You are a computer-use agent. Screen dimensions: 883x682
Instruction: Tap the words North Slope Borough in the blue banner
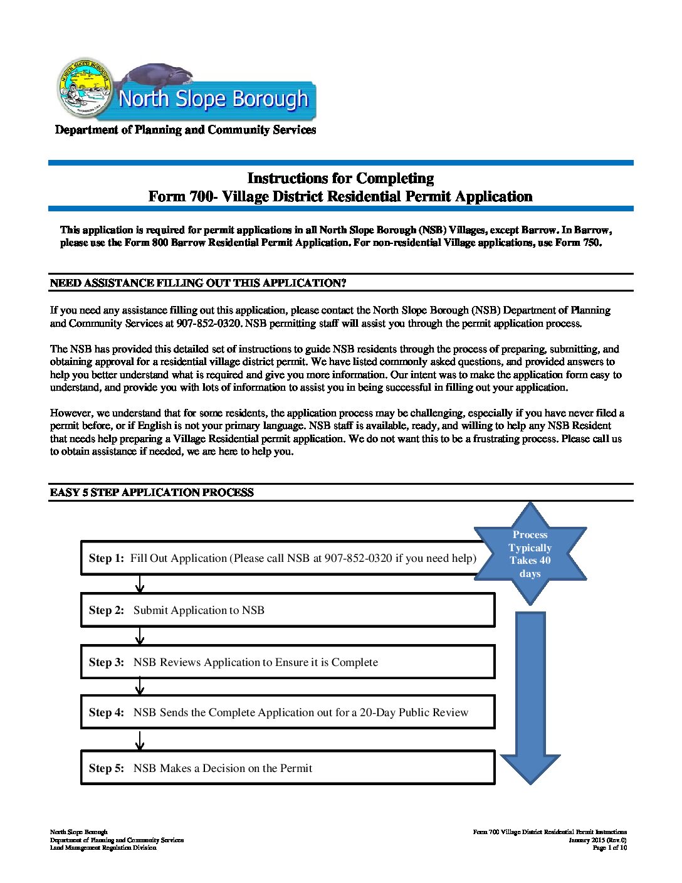[213, 100]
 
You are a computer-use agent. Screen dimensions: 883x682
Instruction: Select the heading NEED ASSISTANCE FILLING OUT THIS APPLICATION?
[198, 283]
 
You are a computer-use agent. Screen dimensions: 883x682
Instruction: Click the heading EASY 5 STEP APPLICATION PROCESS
[152, 492]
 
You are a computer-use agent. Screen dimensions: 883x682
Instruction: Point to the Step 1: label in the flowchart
[106, 558]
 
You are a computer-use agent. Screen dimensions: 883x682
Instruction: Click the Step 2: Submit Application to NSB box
[288, 610]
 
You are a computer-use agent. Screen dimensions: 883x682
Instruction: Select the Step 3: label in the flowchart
[106, 662]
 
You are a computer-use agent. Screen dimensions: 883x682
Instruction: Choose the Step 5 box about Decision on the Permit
[288, 768]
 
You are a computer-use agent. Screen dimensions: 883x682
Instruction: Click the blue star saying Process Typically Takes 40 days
[530, 554]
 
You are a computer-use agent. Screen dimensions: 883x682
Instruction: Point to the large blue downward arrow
[530, 696]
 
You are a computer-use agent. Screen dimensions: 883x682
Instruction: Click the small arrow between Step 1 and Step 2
[140, 585]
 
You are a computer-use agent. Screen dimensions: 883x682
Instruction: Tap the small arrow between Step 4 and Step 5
[140, 741]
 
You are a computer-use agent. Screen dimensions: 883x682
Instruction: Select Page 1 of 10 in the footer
[609, 848]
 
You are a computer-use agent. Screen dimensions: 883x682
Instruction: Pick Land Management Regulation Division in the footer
[103, 848]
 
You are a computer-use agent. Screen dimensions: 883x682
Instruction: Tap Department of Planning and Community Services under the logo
[186, 130]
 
